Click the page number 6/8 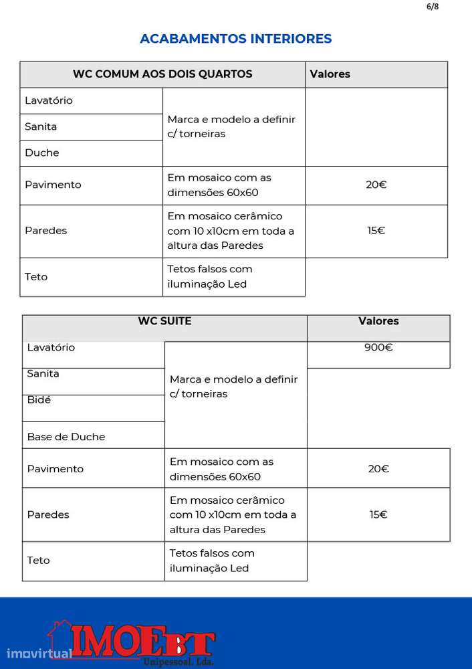pyautogui.click(x=432, y=7)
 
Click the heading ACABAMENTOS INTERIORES pyautogui.click(x=235, y=39)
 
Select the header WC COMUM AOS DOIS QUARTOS pyautogui.click(x=162, y=74)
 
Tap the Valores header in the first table pyautogui.click(x=330, y=74)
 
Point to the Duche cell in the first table pyautogui.click(x=42, y=153)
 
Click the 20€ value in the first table pyautogui.click(x=376, y=185)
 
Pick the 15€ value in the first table pyautogui.click(x=376, y=230)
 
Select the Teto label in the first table pyautogui.click(x=36, y=276)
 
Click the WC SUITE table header pyautogui.click(x=164, y=321)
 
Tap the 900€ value pyautogui.click(x=378, y=347)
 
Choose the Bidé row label pyautogui.click(x=39, y=399)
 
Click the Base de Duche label pyautogui.click(x=66, y=437)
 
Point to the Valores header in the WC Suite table pyautogui.click(x=378, y=321)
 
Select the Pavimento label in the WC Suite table pyautogui.click(x=55, y=469)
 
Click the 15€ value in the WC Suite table pyautogui.click(x=378, y=514)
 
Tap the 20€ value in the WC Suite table pyautogui.click(x=378, y=469)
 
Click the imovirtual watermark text pyautogui.click(x=39, y=653)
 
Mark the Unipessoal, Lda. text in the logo pyautogui.click(x=179, y=662)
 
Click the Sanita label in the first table pyautogui.click(x=41, y=126)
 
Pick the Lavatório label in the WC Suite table pyautogui.click(x=51, y=347)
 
